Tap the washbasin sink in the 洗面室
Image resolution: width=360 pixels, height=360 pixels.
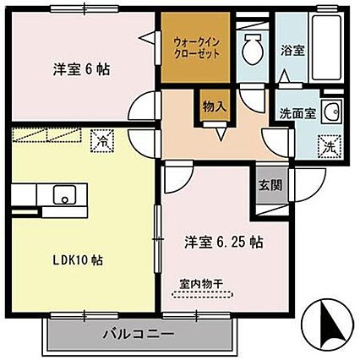(x=331, y=109)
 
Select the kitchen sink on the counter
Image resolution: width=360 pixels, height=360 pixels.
(x=63, y=196)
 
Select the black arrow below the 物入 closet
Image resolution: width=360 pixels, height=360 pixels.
(x=221, y=132)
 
